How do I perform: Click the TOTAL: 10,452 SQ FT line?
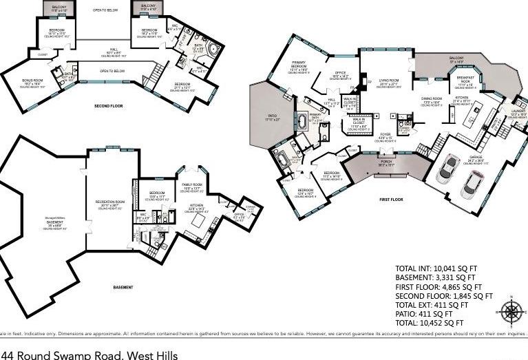pos(430,322)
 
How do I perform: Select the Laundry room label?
pos(517,114)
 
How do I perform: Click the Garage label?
pos(476,158)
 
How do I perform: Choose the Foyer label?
pos(385,135)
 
